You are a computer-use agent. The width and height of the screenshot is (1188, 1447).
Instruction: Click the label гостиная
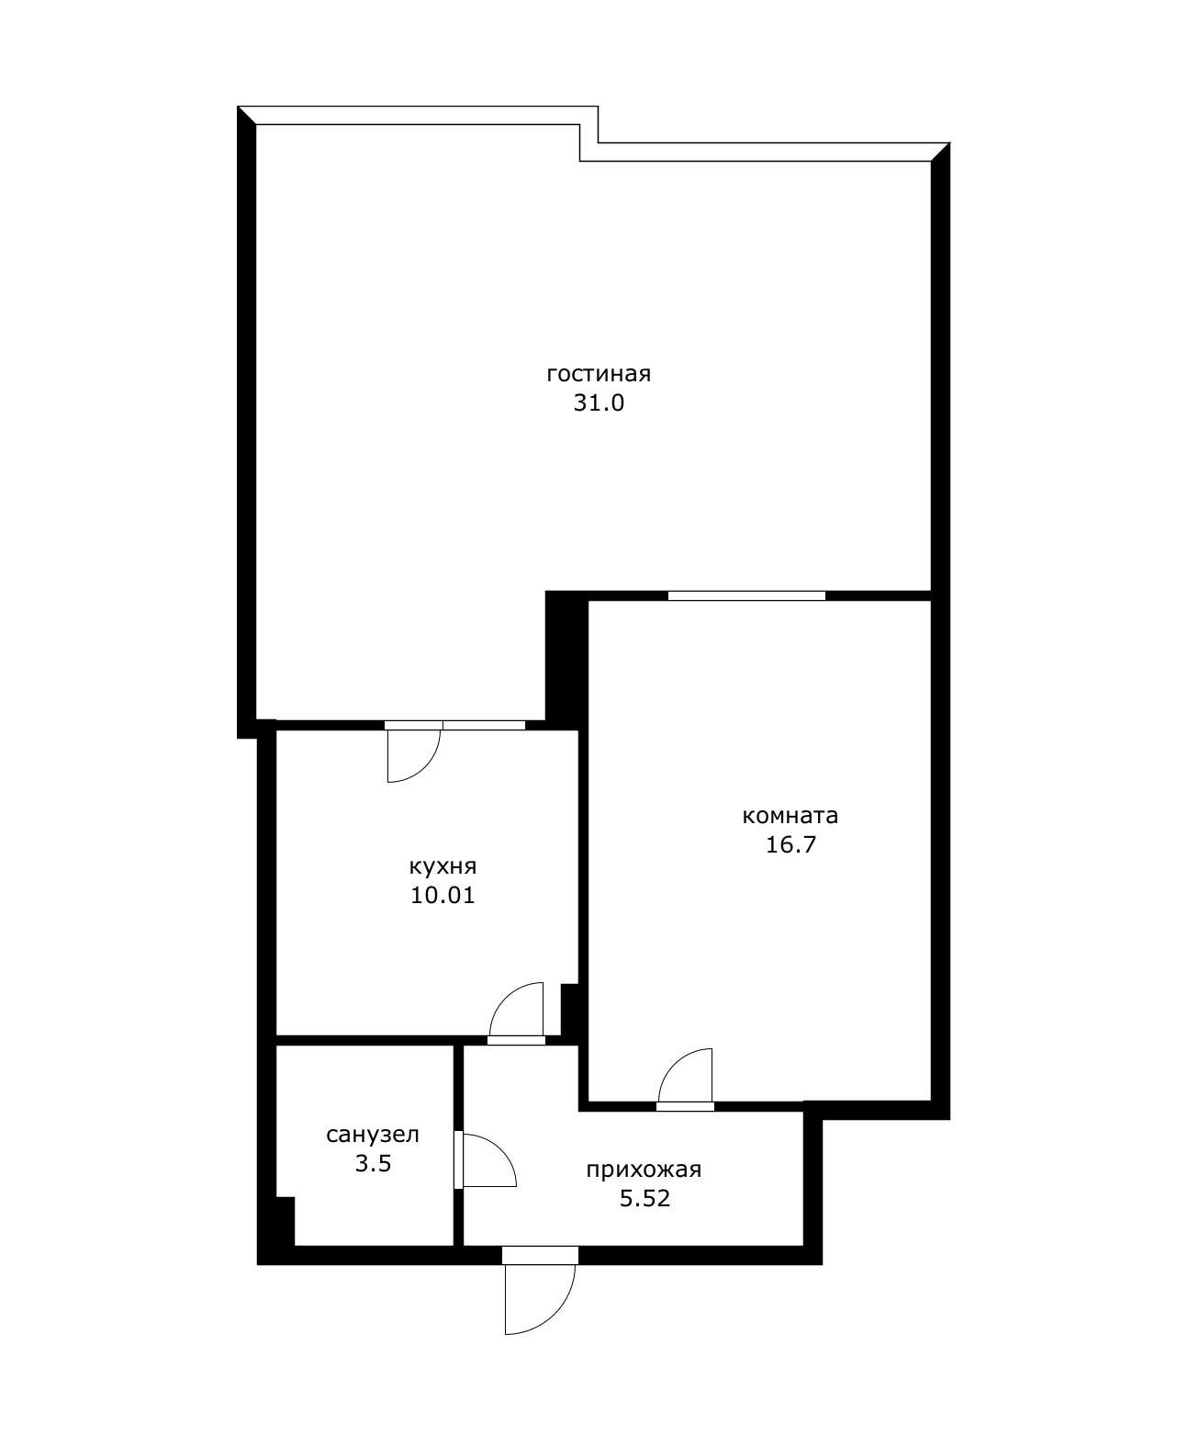(x=598, y=374)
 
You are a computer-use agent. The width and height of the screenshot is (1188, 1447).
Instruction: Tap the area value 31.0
(x=599, y=402)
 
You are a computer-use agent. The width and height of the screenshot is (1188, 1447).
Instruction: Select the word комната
(x=790, y=815)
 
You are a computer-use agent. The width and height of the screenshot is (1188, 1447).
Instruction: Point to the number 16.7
(x=790, y=844)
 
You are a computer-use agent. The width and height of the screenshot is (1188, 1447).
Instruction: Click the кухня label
(x=443, y=866)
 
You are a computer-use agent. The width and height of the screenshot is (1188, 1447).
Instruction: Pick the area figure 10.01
(x=443, y=895)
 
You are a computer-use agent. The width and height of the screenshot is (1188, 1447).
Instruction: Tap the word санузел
(x=373, y=1135)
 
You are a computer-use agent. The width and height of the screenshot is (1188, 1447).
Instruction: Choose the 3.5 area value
(x=373, y=1163)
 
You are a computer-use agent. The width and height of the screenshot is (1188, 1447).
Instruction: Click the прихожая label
(x=644, y=1170)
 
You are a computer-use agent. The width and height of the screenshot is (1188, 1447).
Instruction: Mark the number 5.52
(x=644, y=1198)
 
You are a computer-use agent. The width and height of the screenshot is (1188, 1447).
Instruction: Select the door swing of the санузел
(x=487, y=1160)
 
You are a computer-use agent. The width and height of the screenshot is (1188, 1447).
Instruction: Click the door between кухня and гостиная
(x=412, y=752)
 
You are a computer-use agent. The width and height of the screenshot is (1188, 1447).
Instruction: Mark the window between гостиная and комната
(x=746, y=595)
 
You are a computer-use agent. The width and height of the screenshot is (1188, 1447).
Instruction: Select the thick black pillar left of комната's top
(x=565, y=657)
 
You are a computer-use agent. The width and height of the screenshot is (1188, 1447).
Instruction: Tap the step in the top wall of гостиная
(x=588, y=142)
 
